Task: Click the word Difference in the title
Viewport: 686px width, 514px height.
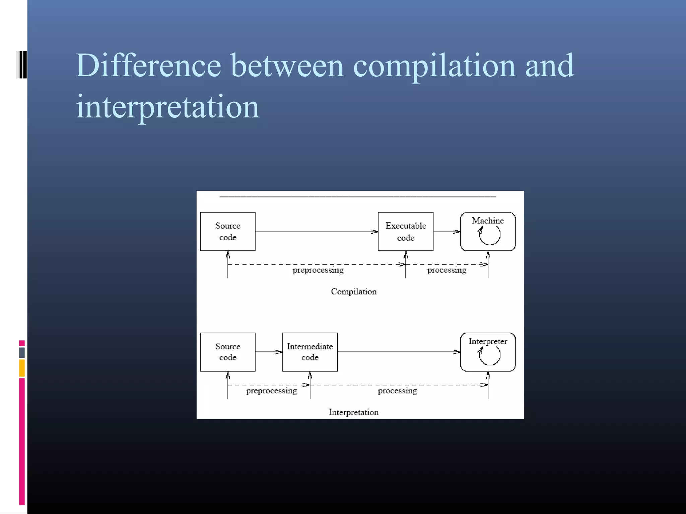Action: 148,66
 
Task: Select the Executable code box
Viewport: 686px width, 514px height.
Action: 405,232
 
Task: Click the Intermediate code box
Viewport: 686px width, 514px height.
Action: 310,352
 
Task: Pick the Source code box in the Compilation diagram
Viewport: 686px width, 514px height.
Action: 227,232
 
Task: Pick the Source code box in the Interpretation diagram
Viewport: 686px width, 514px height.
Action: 227,352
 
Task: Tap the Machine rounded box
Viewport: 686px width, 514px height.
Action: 488,232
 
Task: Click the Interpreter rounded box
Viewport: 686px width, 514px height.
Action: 488,352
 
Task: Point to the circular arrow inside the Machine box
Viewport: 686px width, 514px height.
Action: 489,236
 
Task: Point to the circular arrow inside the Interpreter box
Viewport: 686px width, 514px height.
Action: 489,356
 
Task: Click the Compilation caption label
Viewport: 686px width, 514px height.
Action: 353,292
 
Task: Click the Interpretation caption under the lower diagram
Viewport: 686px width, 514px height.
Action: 353,412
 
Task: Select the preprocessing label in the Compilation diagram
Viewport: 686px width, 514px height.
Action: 318,270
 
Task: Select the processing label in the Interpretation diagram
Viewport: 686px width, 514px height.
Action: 397,391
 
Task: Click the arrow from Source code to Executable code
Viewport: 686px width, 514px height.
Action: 316,232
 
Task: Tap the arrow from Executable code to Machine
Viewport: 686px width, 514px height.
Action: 447,232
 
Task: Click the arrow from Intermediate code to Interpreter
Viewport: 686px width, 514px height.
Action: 399,352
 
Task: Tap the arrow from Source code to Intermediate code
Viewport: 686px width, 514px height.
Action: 269,352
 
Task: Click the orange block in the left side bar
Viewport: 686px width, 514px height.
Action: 22,368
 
